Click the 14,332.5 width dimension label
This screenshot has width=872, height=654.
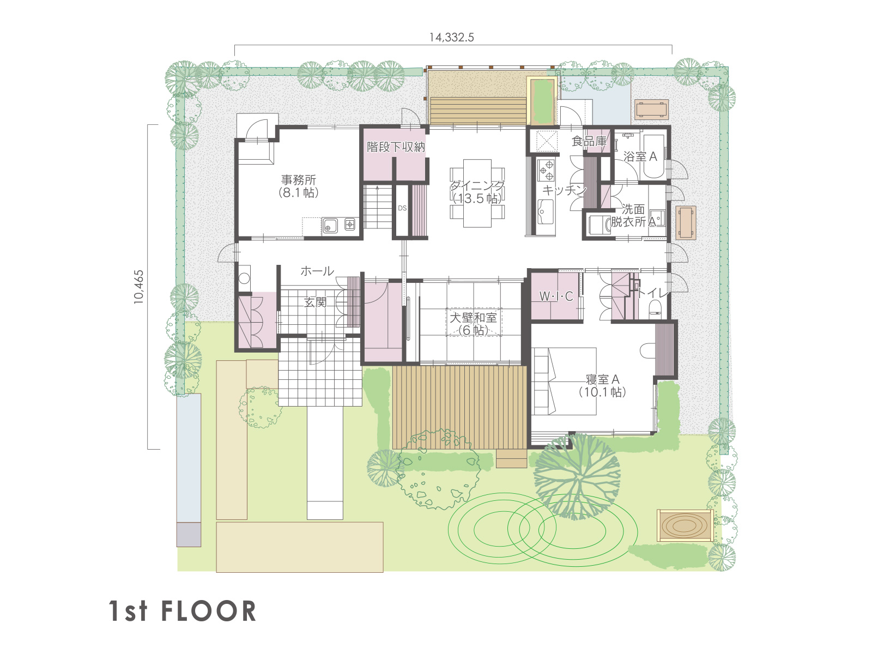(x=451, y=37)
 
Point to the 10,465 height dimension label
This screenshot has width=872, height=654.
(x=138, y=287)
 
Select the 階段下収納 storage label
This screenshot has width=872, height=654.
(x=396, y=147)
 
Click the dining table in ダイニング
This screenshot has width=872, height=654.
(x=477, y=193)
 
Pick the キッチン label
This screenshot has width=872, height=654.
(x=564, y=190)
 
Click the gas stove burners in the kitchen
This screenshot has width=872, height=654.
(x=546, y=169)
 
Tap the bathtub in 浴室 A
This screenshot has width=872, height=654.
(x=653, y=156)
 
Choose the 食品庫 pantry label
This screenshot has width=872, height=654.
(x=589, y=141)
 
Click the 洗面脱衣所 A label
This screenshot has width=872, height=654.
(x=633, y=215)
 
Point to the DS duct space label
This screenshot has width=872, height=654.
(x=402, y=208)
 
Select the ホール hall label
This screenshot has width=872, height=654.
(x=317, y=271)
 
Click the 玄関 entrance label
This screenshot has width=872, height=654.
(x=316, y=302)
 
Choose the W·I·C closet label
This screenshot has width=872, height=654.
(x=556, y=296)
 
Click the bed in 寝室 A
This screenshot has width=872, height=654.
(x=564, y=381)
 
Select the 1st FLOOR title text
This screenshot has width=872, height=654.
(x=183, y=611)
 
